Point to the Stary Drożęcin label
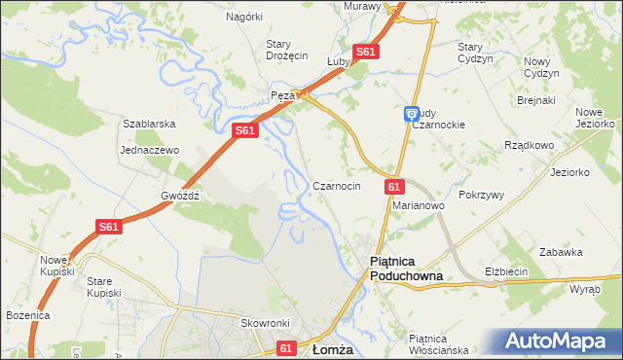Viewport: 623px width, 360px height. pos(287,50)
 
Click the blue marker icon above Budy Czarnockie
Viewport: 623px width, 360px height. pos(411,113)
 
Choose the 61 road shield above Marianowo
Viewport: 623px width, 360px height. pos(393,186)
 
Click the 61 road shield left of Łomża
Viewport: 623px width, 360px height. pos(285,347)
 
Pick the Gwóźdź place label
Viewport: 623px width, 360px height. pos(180,195)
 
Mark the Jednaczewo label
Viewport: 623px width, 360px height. pos(150,151)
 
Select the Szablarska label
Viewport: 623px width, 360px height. pos(148,125)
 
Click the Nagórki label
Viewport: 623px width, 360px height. pos(244,17)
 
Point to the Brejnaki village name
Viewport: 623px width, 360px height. pos(535,100)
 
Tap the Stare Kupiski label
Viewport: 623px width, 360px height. pos(103,287)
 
